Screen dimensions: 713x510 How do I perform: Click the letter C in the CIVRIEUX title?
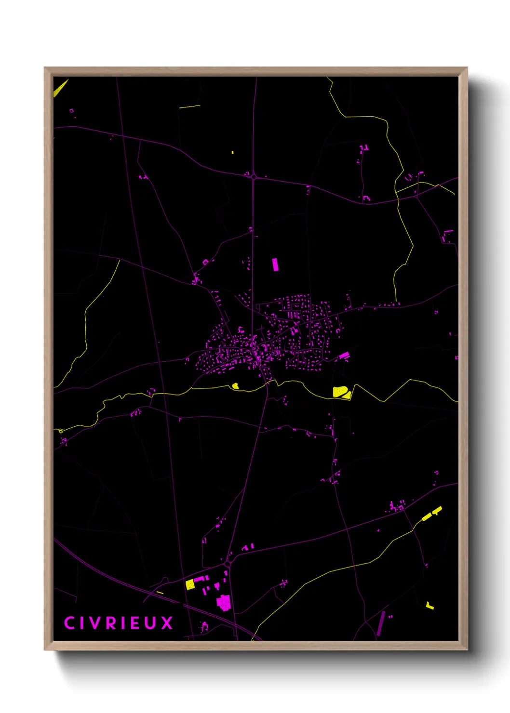(x=69, y=622)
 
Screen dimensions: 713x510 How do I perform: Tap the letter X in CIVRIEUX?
(x=167, y=623)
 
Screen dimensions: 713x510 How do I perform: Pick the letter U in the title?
(x=150, y=623)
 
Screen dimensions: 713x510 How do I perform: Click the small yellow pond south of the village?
(x=236, y=385)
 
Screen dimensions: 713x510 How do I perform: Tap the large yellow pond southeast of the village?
(x=341, y=392)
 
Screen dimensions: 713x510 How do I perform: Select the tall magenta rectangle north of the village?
(x=275, y=264)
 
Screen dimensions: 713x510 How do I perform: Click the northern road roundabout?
(x=254, y=177)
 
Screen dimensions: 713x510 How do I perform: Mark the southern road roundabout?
(x=228, y=563)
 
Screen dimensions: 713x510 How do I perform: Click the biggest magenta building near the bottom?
(x=224, y=602)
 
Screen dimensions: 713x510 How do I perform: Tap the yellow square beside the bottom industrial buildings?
(x=190, y=584)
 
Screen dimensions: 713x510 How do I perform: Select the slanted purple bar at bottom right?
(x=381, y=623)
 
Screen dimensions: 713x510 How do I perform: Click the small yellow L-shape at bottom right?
(x=430, y=606)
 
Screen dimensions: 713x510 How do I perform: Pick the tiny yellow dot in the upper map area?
(x=233, y=152)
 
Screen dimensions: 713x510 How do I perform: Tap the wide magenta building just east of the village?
(x=344, y=356)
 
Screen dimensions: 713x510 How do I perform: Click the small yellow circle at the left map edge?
(x=61, y=431)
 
